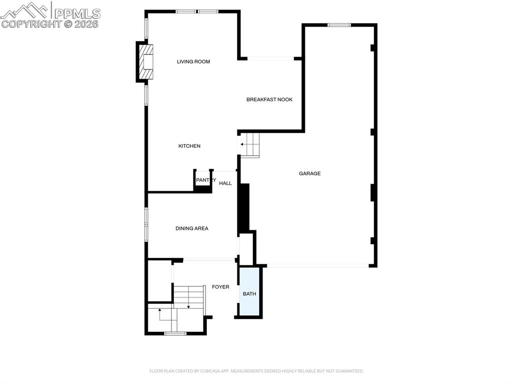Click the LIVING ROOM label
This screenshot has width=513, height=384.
pyautogui.click(x=193, y=62)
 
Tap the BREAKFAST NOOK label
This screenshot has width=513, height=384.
pyautogui.click(x=269, y=100)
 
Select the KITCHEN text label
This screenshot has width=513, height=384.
pyautogui.click(x=189, y=146)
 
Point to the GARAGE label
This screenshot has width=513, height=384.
pyautogui.click(x=310, y=174)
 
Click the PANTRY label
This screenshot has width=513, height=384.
pyautogui.click(x=205, y=180)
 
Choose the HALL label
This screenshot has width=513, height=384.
pyautogui.click(x=225, y=183)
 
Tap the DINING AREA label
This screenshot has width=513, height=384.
pyautogui.click(x=192, y=228)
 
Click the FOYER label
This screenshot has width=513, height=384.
pyautogui.click(x=220, y=287)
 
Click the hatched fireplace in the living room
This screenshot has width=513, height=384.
pyautogui.click(x=146, y=62)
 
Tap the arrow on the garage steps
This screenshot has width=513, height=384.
pyautogui.click(x=243, y=145)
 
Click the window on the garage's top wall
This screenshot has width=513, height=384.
pyautogui.click(x=339, y=25)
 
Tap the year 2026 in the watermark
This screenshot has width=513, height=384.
pyautogui.click(x=86, y=24)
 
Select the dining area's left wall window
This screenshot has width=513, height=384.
pyautogui.click(x=146, y=224)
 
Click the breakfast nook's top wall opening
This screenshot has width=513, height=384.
pyautogui.click(x=271, y=59)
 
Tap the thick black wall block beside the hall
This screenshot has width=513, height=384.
pyautogui.click(x=243, y=207)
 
